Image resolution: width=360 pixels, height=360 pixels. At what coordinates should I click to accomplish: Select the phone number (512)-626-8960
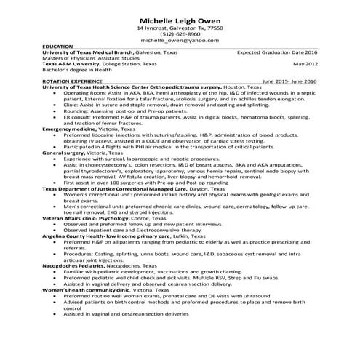pyautogui.click(x=180, y=33)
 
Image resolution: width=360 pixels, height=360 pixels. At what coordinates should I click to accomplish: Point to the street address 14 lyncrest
pyautogui.click(x=153, y=27)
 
